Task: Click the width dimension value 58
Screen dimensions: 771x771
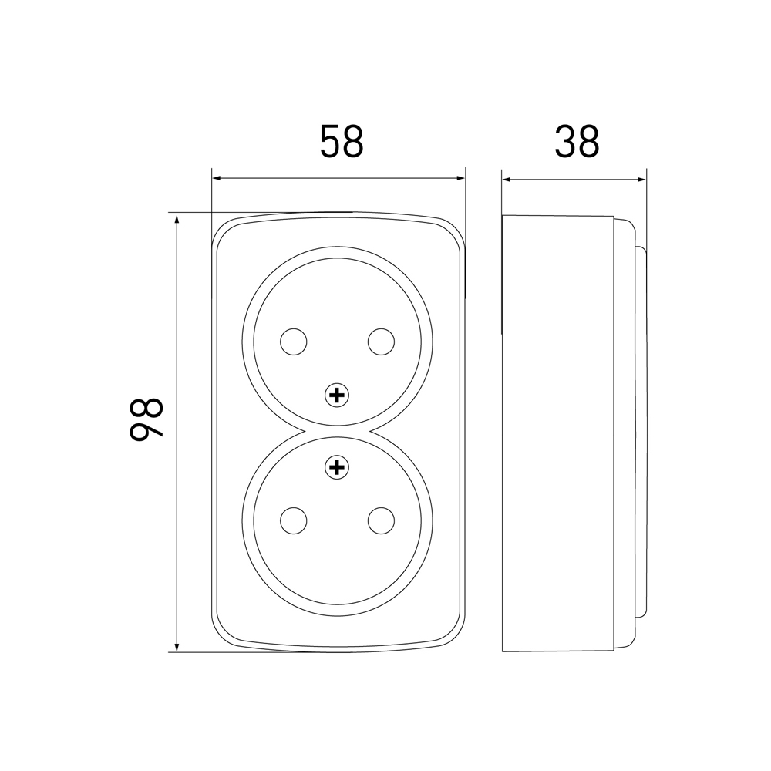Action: (342, 142)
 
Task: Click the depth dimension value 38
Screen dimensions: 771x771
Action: (577, 142)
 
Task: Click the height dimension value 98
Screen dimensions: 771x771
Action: (146, 419)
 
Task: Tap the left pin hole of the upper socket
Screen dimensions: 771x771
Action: (294, 342)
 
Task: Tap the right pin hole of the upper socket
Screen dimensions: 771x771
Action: (381, 342)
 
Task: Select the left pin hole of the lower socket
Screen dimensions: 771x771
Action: (294, 520)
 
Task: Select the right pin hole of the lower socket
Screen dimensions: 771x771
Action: (381, 520)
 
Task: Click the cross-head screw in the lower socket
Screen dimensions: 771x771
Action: (338, 467)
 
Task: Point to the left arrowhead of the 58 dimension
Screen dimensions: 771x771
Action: (217, 179)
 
